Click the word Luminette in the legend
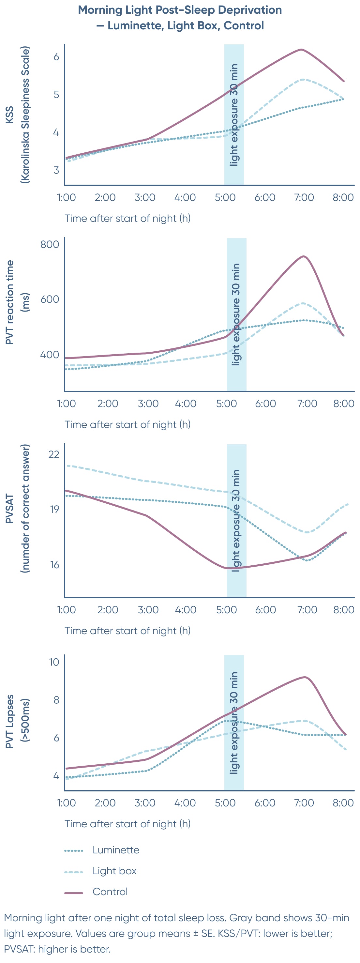point(115,850)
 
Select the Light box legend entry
point(114,871)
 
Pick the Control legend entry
point(110,892)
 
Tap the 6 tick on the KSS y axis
point(56,57)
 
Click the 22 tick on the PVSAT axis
point(54,454)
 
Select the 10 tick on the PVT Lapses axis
point(54,662)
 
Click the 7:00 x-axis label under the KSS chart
point(304,197)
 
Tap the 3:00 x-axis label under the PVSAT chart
point(148,610)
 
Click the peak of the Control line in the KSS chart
point(301,49)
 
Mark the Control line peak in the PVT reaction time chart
point(304,256)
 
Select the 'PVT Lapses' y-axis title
point(10,722)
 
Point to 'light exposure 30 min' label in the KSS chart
point(234,115)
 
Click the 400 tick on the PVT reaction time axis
point(50,354)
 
